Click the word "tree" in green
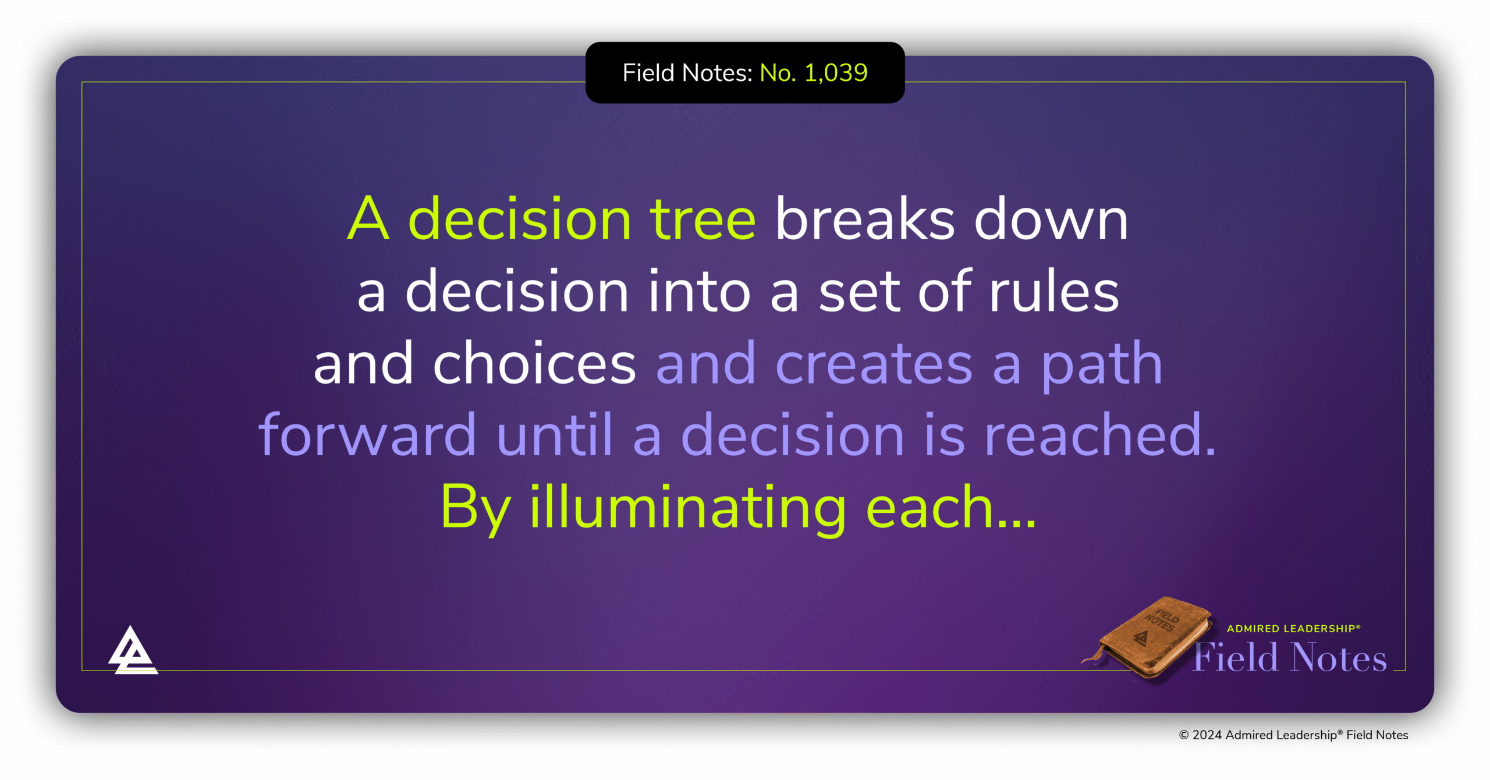point(703,220)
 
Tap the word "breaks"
point(865,220)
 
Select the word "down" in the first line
point(1051,220)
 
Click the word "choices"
point(534,364)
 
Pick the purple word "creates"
point(874,364)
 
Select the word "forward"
point(367,435)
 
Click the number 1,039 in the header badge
point(836,73)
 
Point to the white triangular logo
point(133,652)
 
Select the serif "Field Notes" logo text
point(1290,658)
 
